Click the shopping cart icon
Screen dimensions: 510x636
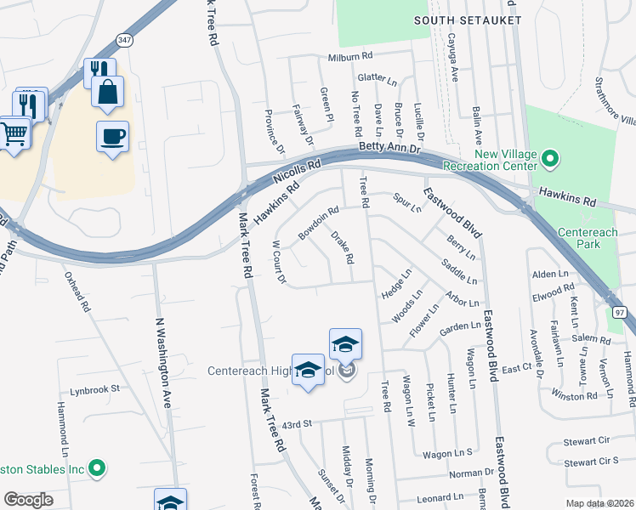coord(13,133)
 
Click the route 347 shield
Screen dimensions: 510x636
coord(125,40)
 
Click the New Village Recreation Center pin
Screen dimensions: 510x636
coord(550,157)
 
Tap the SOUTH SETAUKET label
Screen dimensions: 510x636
coord(466,20)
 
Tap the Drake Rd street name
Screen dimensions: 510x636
coord(342,246)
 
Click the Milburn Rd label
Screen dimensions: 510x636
coord(350,56)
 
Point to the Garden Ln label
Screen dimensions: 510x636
coord(460,327)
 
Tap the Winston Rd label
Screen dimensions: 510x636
coord(574,395)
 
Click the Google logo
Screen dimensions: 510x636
coord(28,500)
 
